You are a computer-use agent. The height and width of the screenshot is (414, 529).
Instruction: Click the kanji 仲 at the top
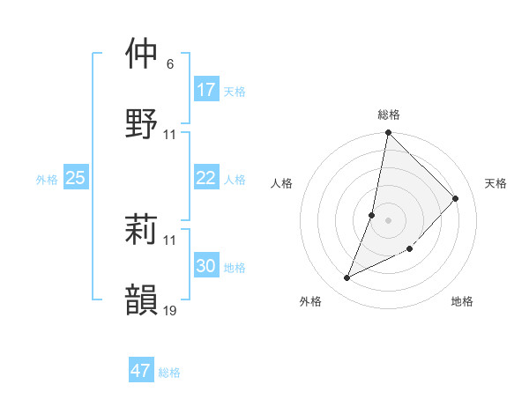[142, 54]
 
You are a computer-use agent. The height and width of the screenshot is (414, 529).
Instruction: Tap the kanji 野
[142, 123]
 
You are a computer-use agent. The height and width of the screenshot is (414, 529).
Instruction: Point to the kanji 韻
[142, 299]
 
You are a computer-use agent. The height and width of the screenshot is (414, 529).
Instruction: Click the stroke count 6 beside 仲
[169, 64]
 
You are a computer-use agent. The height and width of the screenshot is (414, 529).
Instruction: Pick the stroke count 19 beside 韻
[170, 311]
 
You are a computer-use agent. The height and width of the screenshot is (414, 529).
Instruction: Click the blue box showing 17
[206, 90]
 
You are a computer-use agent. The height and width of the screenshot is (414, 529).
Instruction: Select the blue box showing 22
[206, 178]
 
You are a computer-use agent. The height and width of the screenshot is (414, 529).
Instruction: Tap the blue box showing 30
[206, 266]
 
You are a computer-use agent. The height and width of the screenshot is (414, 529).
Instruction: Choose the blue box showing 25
[76, 178]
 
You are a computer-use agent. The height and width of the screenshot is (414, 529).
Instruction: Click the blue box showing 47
[141, 371]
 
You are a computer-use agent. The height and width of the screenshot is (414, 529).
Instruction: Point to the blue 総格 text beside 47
[169, 373]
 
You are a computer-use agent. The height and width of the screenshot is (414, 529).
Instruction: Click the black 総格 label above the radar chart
[389, 115]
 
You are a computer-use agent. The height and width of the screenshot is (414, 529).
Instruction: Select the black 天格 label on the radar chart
[496, 183]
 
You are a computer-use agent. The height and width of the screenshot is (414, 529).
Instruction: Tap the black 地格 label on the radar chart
[462, 301]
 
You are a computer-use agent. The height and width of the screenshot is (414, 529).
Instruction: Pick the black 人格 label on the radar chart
[281, 183]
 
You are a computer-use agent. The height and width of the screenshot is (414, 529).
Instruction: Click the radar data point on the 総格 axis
[388, 134]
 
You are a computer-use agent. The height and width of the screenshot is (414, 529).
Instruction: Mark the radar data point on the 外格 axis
[346, 278]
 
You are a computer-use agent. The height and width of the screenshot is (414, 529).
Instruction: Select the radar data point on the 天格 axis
[456, 198]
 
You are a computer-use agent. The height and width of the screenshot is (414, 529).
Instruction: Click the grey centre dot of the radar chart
[388, 219]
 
